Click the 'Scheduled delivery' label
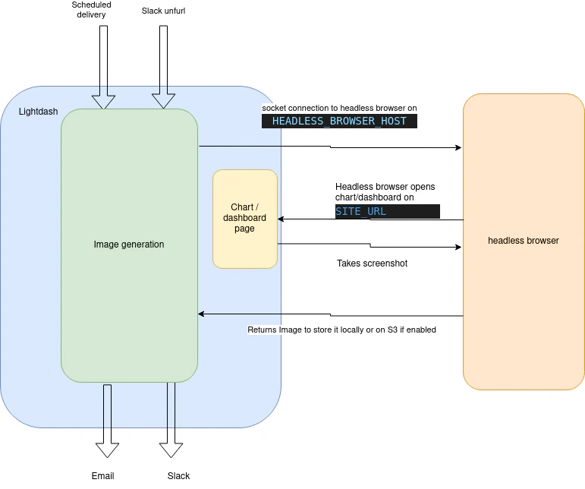coord(91,10)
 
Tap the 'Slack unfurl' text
coord(163,10)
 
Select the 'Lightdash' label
coord(38,112)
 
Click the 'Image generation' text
coord(129,244)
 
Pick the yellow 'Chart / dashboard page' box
coord(244,219)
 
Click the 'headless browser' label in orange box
coord(524,241)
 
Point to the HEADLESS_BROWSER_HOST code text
coord(339,121)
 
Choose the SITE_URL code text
coord(361,212)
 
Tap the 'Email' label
coord(102,476)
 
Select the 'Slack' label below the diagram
coord(178,476)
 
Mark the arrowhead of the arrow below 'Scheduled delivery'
coord(103,103)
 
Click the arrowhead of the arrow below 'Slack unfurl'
coord(164,103)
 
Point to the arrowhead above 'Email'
coord(107,450)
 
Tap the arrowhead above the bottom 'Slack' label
coord(171,450)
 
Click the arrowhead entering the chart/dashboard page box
coord(281,219)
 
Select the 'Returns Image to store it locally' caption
coord(341,330)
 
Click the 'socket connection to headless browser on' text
coord(339,109)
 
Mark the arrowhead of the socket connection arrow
coord(458,147)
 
